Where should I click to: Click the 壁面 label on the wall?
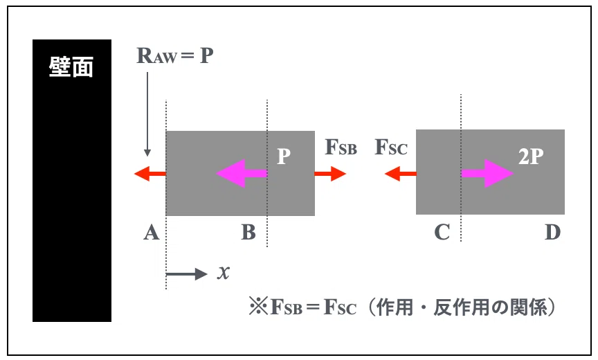[x=71, y=68]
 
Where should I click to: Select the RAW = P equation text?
[x=175, y=55]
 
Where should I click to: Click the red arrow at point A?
[x=150, y=174]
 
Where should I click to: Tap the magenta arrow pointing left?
[x=242, y=173]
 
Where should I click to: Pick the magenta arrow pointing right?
[x=487, y=173]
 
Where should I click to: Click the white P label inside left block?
[x=283, y=156]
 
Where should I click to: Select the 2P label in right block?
[x=531, y=156]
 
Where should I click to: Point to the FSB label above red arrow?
[x=341, y=147]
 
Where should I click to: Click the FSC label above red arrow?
[x=391, y=147]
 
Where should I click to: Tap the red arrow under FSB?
[x=330, y=174]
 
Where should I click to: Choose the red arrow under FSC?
[x=401, y=174]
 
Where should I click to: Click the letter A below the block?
[x=152, y=232]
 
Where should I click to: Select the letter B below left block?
[x=248, y=232]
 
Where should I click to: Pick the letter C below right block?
[x=442, y=232]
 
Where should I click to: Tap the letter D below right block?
[x=552, y=232]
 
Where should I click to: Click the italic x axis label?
[x=224, y=273]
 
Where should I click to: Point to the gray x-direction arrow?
[x=186, y=274]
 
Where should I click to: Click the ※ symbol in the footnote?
[x=259, y=306]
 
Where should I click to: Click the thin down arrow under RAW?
[x=147, y=114]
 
